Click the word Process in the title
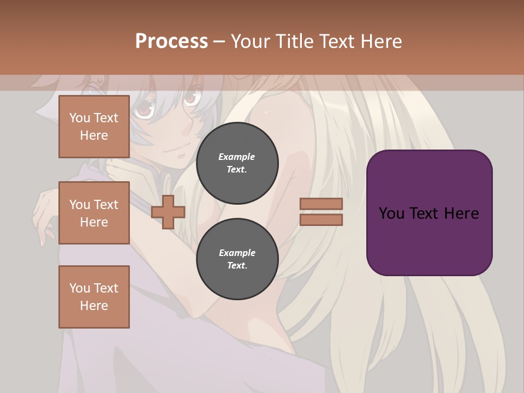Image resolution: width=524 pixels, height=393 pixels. pos(171,41)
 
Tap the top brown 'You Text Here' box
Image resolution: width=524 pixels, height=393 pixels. pos(94,127)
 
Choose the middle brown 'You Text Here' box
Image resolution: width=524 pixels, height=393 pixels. pos(94,213)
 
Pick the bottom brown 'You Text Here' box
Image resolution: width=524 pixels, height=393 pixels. pos(94,296)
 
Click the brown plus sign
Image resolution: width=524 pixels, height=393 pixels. pos(168,212)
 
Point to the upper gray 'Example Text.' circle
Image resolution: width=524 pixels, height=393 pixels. pos(237,163)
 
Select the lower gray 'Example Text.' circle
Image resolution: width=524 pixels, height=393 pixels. pos(237,259)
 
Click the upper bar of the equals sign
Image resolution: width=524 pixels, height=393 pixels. pos(321,204)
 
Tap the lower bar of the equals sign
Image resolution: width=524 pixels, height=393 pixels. pos(321,219)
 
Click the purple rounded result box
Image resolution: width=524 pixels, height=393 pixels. pos(429,212)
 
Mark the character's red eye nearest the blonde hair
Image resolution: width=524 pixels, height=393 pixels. pos(190,98)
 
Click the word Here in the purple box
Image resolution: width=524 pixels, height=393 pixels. pos(461,213)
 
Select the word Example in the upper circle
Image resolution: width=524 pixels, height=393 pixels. pos(236,157)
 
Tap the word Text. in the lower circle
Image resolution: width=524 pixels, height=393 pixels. pos(237,266)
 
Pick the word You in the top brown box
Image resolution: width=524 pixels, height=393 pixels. pos(80,118)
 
